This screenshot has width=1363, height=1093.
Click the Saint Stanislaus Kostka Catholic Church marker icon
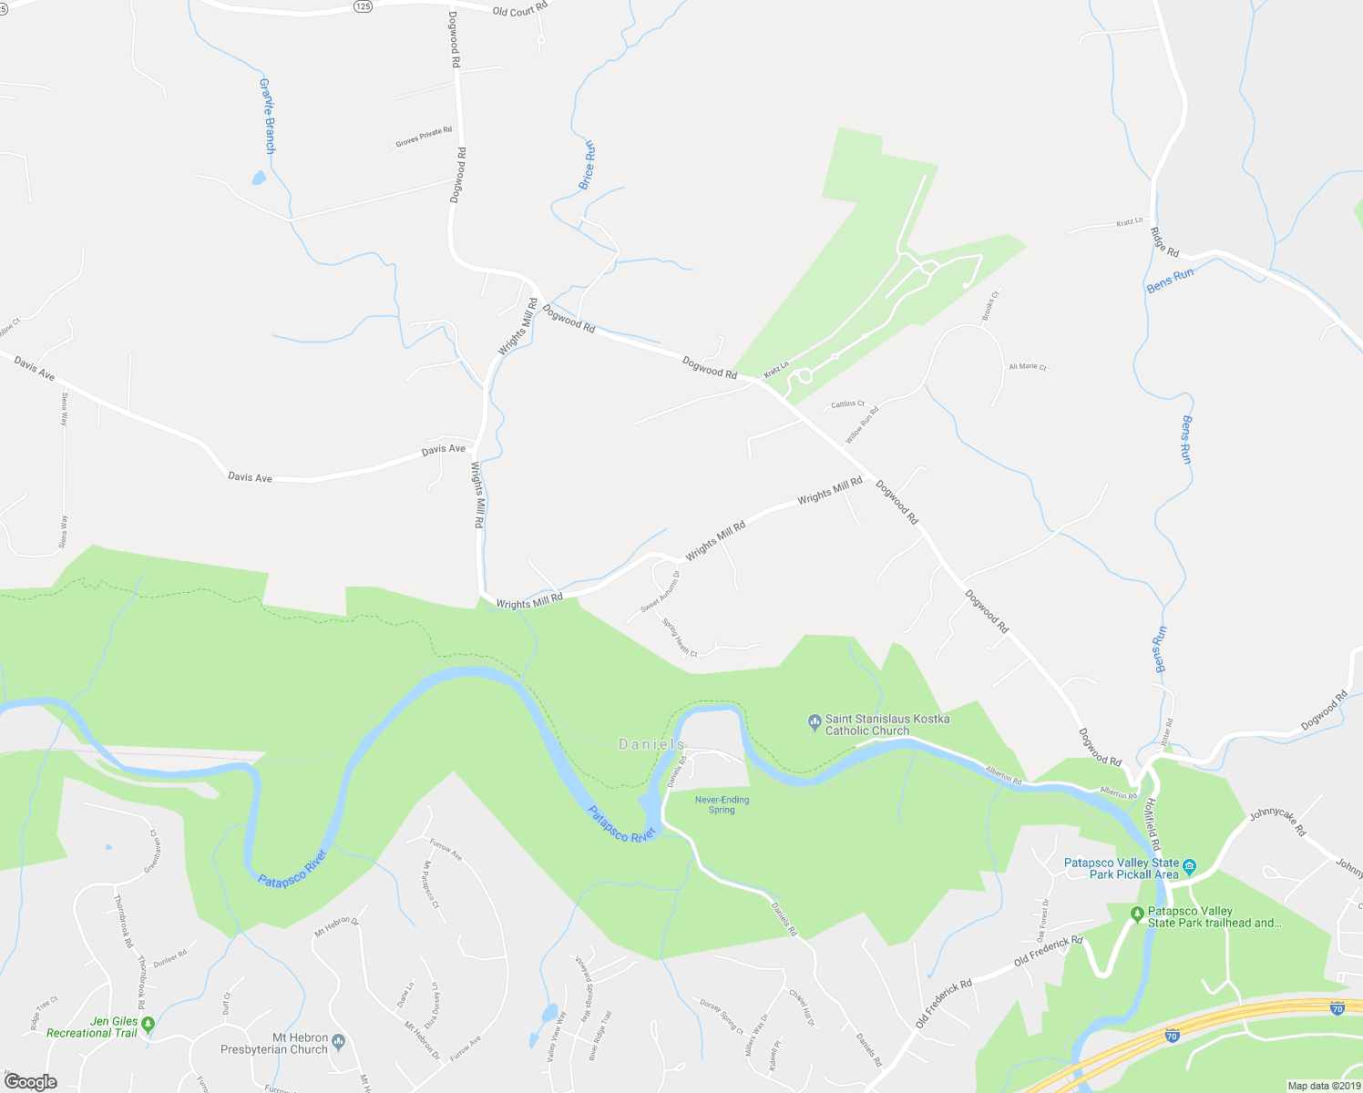click(x=815, y=724)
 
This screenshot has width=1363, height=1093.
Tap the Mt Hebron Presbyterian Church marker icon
click(x=339, y=1042)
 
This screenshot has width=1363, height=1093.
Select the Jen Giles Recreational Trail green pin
click(x=149, y=1025)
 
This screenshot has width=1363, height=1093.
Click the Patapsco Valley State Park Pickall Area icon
click(x=1189, y=867)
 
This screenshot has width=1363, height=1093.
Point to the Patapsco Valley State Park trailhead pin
click(x=1136, y=914)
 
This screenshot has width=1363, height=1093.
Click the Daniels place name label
click(x=651, y=744)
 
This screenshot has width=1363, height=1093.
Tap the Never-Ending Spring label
click(x=722, y=804)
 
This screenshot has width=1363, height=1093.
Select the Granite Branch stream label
click(x=267, y=116)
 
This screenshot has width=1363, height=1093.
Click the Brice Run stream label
click(x=588, y=165)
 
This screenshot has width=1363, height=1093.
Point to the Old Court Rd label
click(x=519, y=10)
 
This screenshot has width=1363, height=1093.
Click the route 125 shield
click(x=363, y=5)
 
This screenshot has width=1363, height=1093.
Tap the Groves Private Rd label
click(x=424, y=137)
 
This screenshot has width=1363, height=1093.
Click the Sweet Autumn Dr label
click(x=660, y=592)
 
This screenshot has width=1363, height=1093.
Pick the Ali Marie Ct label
click(x=1028, y=366)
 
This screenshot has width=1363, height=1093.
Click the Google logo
click(x=31, y=1081)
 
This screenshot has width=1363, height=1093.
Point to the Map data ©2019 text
click(x=1323, y=1086)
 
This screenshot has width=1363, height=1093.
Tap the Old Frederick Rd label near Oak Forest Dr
click(x=1048, y=951)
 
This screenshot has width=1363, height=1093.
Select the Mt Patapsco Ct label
click(x=430, y=884)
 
